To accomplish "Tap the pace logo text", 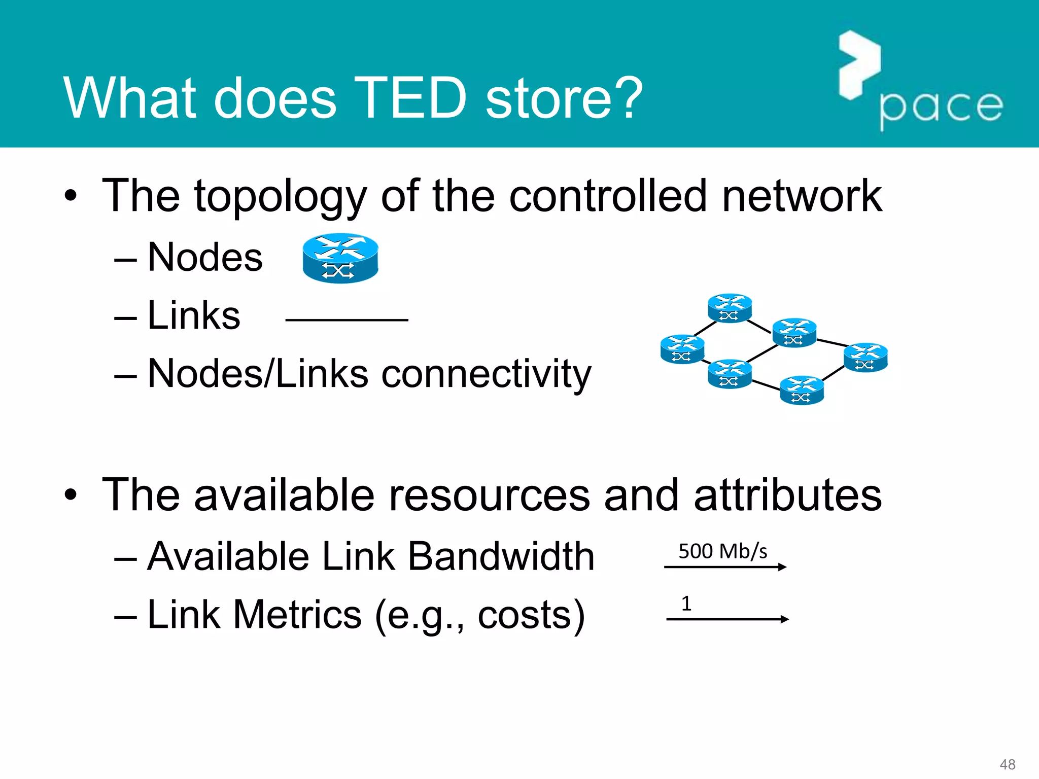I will click(941, 107).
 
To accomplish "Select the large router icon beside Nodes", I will click(340, 258).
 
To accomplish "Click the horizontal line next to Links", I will click(347, 320).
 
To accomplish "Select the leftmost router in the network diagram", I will click(682, 349).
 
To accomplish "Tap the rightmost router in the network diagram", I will click(865, 358).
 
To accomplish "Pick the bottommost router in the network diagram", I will click(802, 390).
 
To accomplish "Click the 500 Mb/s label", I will click(722, 551).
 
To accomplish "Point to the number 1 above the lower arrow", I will click(686, 604).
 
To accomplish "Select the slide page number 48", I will click(1007, 764).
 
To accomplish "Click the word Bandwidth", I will click(501, 556).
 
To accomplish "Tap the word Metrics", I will click(297, 615).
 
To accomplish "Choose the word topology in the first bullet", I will click(281, 196).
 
